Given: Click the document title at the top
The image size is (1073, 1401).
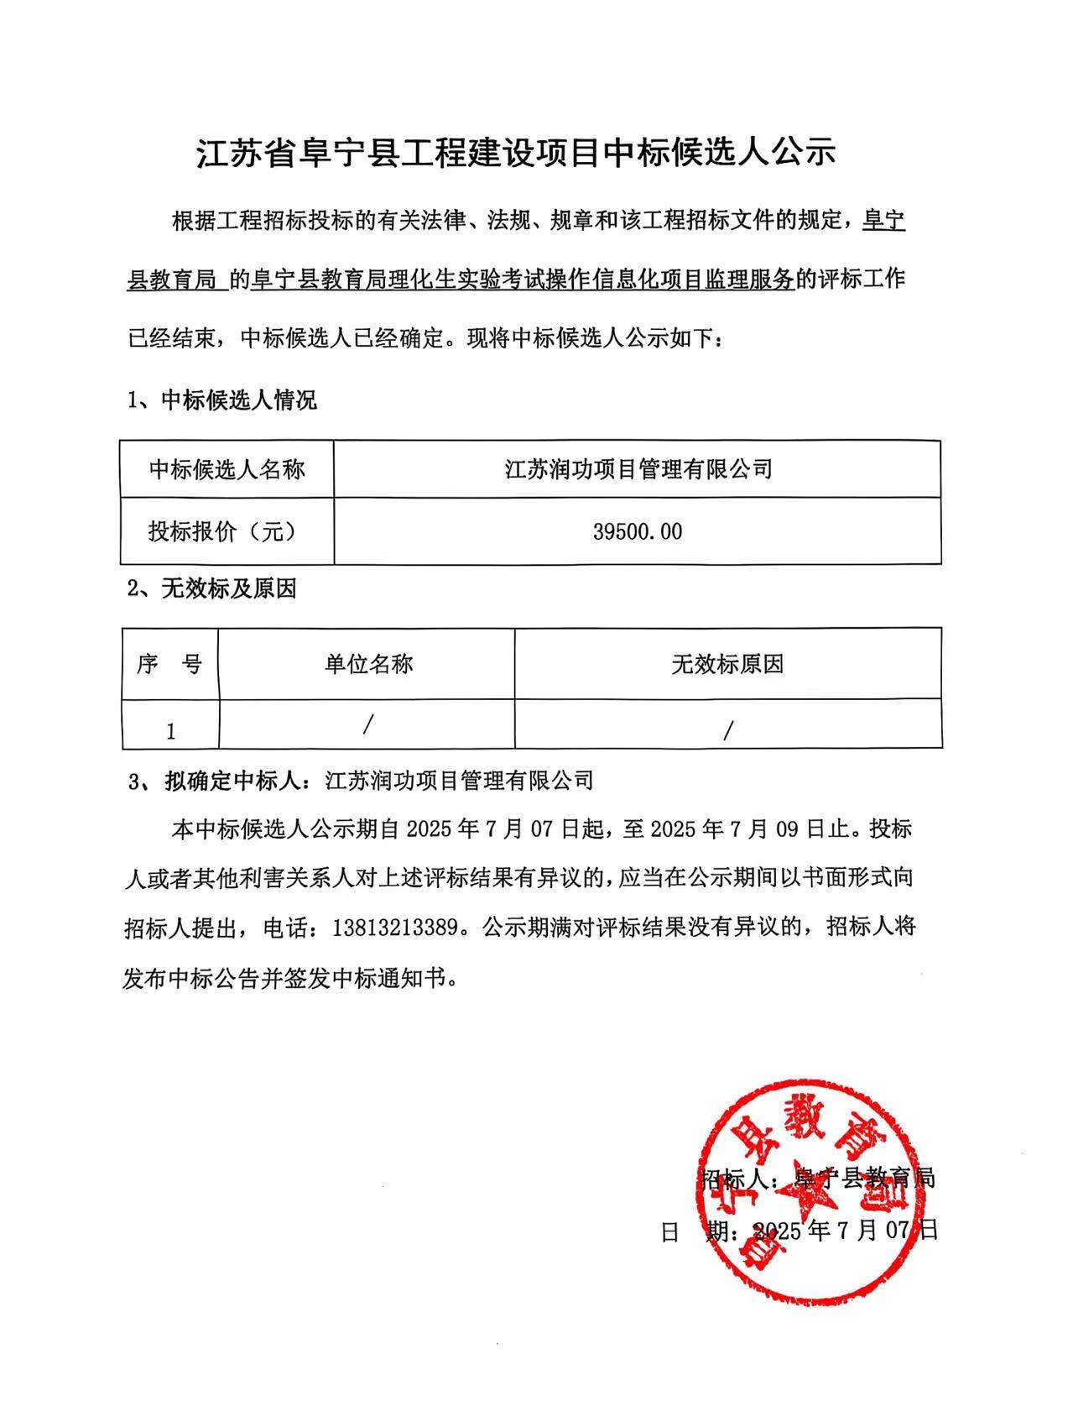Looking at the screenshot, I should [x=516, y=154].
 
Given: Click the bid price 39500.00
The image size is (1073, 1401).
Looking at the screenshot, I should [x=637, y=531].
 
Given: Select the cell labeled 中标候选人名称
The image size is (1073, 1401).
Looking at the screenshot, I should [x=227, y=468].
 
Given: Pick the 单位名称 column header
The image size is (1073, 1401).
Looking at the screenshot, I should [x=368, y=665].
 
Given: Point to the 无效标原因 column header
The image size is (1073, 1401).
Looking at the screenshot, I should [x=727, y=665].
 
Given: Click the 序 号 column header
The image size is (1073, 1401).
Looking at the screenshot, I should [x=169, y=665].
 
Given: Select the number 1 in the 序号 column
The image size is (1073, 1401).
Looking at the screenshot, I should [x=170, y=731].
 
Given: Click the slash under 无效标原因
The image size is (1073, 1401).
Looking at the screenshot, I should [x=727, y=730].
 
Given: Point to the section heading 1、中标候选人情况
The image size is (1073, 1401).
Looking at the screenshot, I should [x=221, y=400].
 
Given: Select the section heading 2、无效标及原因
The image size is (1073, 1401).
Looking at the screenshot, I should [x=212, y=588].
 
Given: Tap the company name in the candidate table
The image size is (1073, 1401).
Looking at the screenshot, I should [x=637, y=468].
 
